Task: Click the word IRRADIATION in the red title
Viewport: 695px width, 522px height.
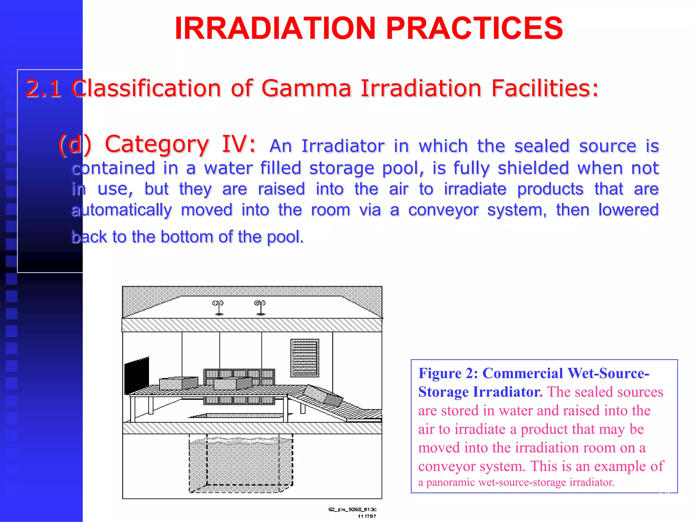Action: click(x=275, y=28)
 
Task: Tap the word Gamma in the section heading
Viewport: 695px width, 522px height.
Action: click(x=306, y=88)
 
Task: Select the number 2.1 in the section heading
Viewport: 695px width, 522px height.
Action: click(x=43, y=88)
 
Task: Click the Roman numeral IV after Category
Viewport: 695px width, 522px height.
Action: click(x=238, y=144)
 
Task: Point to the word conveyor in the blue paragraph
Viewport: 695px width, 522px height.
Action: click(x=443, y=210)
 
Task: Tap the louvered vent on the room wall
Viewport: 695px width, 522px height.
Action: click(x=304, y=358)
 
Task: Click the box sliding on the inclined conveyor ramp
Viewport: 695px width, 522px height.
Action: click(x=322, y=396)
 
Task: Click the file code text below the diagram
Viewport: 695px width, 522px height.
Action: click(x=352, y=509)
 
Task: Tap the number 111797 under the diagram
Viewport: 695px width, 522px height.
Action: click(x=367, y=516)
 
